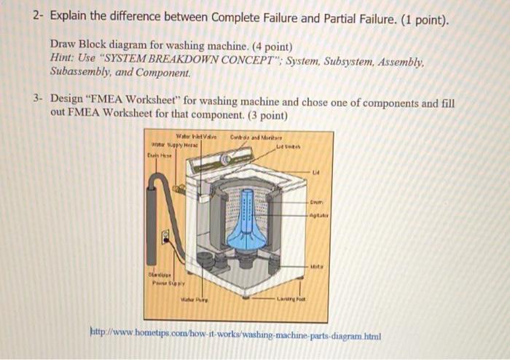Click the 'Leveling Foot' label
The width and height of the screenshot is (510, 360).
[x=290, y=299]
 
